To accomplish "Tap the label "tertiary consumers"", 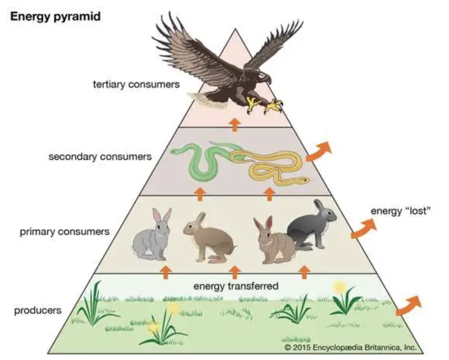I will (136, 84).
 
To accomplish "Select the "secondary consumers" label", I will (100, 157).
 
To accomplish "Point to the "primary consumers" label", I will (65, 232).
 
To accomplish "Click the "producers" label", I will (37, 310).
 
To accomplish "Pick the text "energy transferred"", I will (236, 286).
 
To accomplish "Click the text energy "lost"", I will (401, 211).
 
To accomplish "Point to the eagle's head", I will (264, 78).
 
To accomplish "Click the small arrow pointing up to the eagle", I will (234, 125).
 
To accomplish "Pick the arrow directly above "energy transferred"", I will (234, 272).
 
